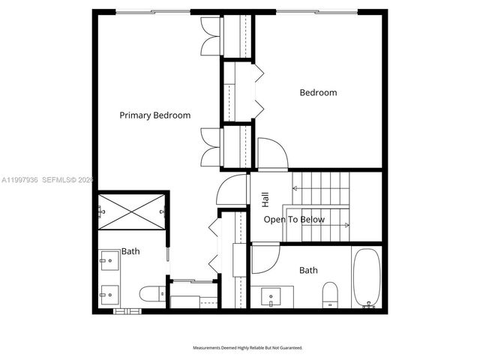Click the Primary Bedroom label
coord(155,115)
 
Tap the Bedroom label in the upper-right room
coord(318,93)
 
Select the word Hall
coord(265,199)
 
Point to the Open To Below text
coord(294,220)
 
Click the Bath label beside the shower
coord(130,251)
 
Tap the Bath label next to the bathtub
coord(308,270)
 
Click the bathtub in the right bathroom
coord(367,277)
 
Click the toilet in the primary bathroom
coord(151,293)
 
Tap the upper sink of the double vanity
coord(105,262)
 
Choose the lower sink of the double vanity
coord(105,291)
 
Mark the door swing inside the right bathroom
coord(263,259)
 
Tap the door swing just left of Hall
coord(232,190)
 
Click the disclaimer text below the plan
coord(247,348)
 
